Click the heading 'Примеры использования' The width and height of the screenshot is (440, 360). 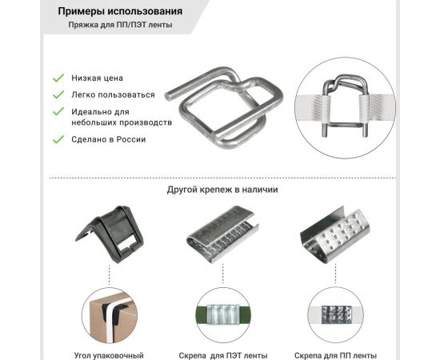click(x=120, y=12)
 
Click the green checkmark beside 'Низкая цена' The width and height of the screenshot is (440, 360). click(x=58, y=78)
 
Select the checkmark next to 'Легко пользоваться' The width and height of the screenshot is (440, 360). click(x=58, y=94)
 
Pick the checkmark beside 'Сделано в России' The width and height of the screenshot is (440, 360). click(x=58, y=139)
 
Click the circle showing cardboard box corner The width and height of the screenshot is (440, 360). click(x=110, y=315)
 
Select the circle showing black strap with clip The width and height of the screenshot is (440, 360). click(x=335, y=315)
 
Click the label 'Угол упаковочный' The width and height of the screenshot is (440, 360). click(x=110, y=354)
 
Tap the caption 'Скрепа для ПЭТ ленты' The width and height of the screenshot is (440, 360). click(x=223, y=354)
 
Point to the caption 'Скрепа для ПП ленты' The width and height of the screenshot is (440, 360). click(x=335, y=354)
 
